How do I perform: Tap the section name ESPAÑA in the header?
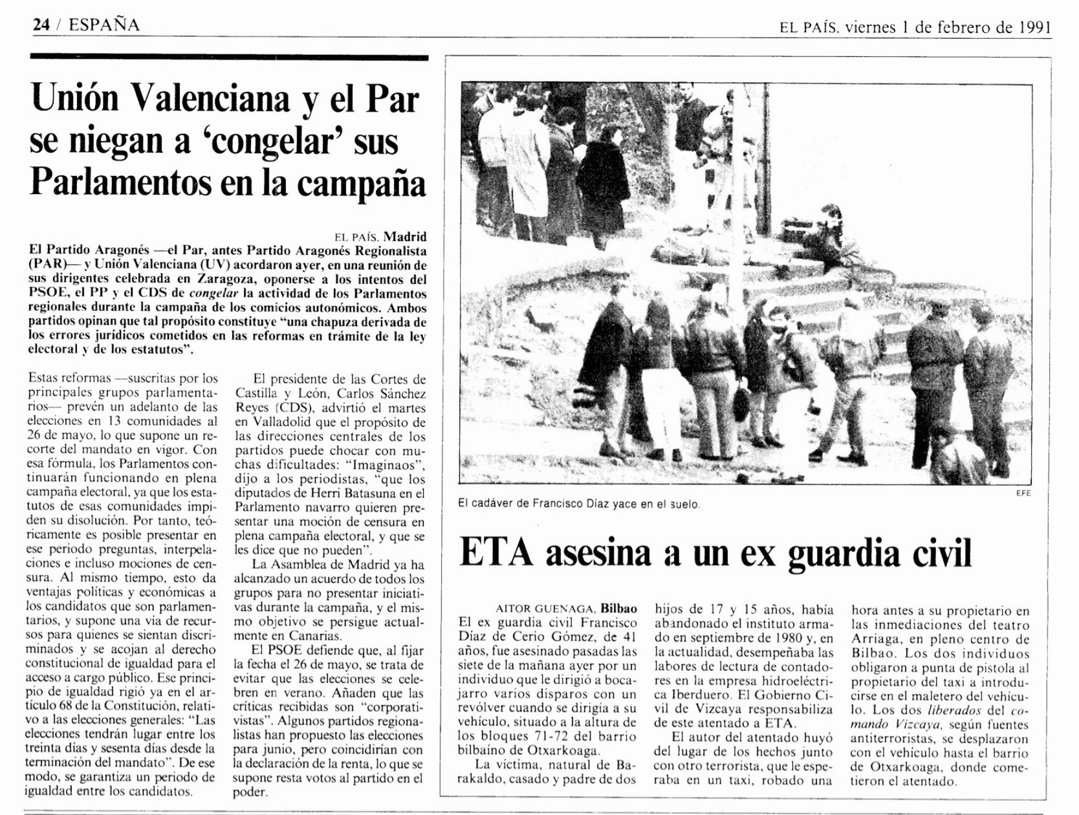104,25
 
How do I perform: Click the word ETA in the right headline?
498,554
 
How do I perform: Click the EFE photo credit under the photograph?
1023,493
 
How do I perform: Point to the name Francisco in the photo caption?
555,504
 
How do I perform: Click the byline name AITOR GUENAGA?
545,609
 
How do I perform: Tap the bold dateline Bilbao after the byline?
618,609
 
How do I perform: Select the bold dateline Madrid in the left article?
406,237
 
